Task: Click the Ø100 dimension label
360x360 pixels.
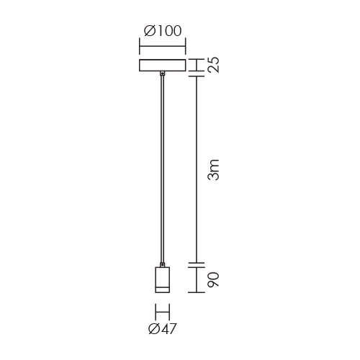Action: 163,31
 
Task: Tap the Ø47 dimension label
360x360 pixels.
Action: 163,328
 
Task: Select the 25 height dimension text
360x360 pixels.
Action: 213,65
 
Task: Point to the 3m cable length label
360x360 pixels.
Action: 213,170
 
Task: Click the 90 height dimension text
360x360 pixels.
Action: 213,279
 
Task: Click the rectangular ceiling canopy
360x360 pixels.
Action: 163,66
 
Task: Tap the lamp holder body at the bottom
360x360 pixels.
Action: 163,280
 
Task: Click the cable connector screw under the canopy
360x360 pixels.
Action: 163,73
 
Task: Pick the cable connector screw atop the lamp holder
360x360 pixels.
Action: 163,265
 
